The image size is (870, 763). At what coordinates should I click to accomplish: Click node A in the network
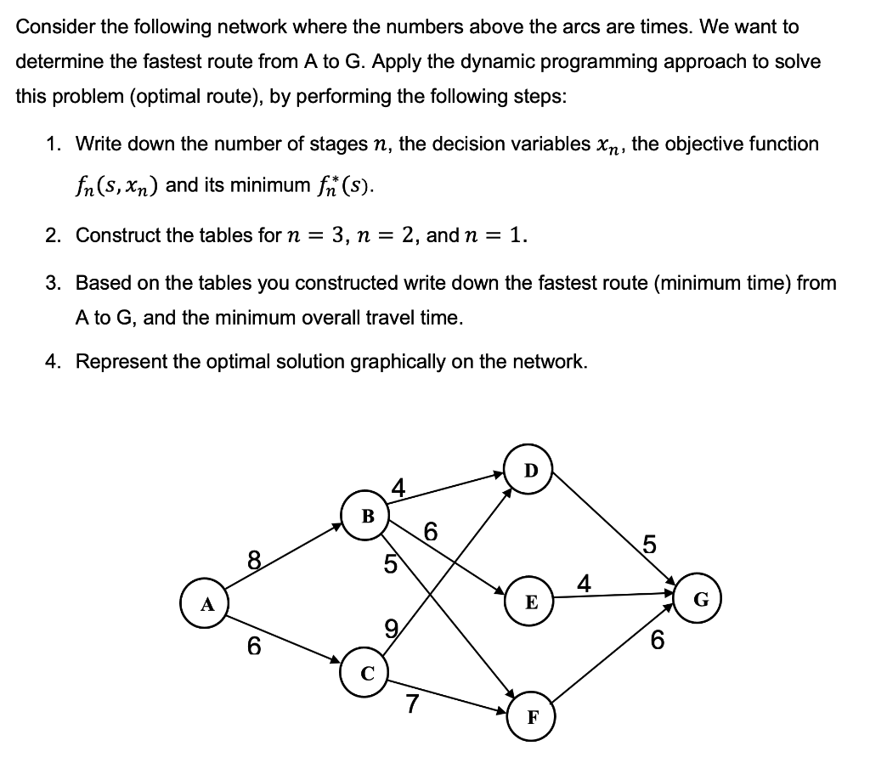coord(205,605)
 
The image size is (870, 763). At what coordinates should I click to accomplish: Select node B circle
coord(367,515)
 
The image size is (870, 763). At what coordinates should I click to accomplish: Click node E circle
coord(531,602)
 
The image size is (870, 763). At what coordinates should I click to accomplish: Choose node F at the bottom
coord(531,715)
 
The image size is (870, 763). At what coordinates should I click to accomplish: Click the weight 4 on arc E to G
coord(583,584)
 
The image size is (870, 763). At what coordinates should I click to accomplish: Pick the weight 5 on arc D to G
coord(648,543)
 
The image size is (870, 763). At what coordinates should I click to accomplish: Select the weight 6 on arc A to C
coord(253,647)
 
